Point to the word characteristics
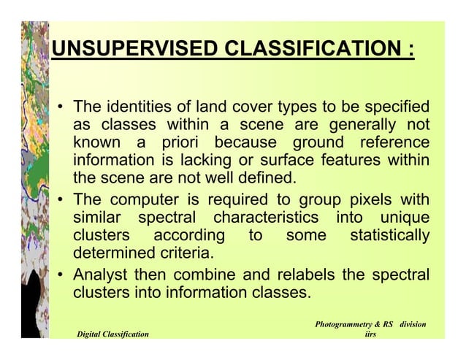(266, 218)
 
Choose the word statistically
(389, 236)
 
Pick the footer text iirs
(370, 334)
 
